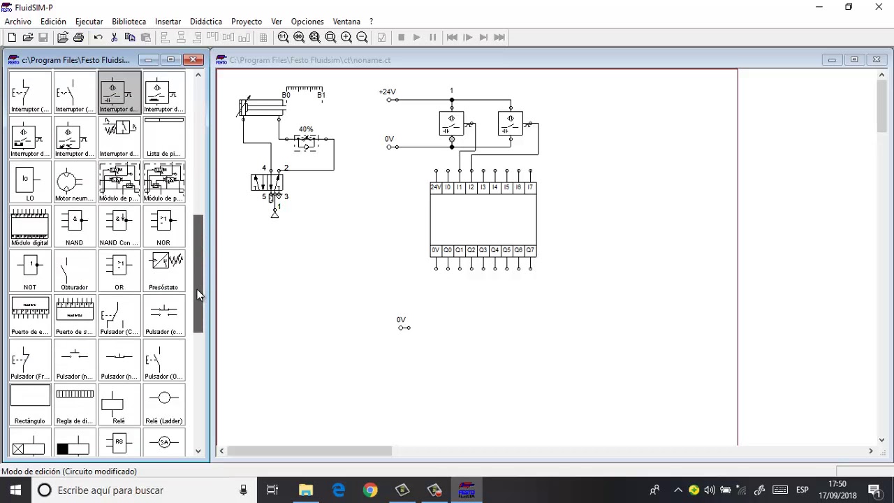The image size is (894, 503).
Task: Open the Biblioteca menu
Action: (x=129, y=22)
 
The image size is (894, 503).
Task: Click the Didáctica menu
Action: (x=205, y=22)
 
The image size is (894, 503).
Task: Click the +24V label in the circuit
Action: (x=387, y=92)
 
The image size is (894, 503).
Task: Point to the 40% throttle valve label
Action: (x=306, y=129)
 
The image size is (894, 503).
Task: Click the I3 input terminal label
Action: (x=483, y=187)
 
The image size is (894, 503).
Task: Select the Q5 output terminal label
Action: (x=506, y=250)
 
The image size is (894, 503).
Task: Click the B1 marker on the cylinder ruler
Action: (x=321, y=95)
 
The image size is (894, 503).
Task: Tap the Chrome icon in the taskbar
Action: (x=370, y=490)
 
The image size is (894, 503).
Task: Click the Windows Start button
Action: (x=15, y=490)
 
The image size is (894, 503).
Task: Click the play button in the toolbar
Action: (x=417, y=38)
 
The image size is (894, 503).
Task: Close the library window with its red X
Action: (x=193, y=59)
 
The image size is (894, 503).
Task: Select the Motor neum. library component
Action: (x=74, y=183)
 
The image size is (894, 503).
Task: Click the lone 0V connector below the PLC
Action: (x=404, y=327)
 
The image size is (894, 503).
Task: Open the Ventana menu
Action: (x=346, y=22)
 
